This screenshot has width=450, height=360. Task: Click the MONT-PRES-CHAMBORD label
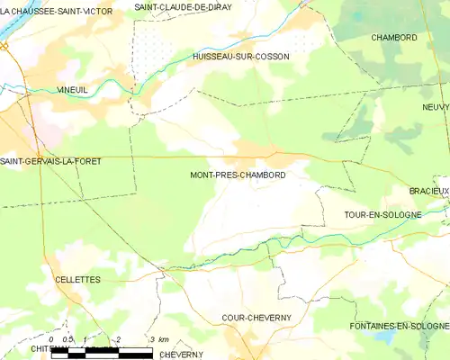(238, 175)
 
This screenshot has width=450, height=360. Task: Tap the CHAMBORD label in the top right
(394, 38)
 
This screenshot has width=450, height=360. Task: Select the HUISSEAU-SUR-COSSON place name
(240, 57)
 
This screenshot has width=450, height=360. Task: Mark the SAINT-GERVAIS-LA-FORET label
(50, 161)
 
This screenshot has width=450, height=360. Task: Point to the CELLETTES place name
(77, 280)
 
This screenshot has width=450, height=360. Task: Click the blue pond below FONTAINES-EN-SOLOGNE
(388, 337)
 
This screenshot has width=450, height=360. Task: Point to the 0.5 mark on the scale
(67, 339)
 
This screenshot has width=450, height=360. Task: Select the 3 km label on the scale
(158, 339)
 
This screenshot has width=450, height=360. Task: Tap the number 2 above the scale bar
(119, 339)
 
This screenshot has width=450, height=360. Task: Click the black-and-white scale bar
(101, 355)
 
